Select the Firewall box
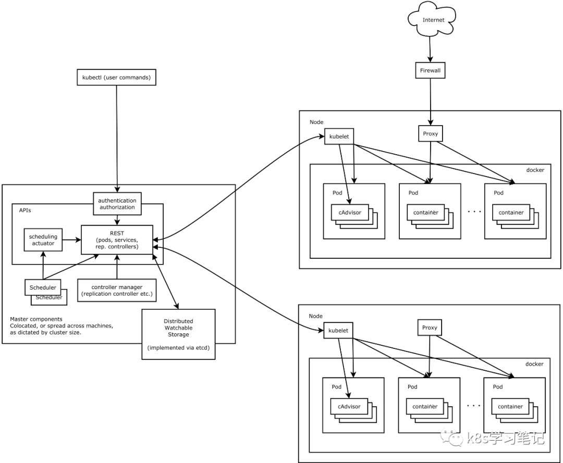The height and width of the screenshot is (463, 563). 430,70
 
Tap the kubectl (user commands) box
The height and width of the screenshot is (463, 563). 116,78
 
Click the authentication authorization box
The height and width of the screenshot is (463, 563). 117,204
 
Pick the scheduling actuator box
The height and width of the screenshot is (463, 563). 43,240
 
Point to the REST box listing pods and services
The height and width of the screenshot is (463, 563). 117,240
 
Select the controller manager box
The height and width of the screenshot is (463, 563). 117,290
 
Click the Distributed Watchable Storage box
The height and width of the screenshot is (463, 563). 178,334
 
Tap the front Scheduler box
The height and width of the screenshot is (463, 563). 43,287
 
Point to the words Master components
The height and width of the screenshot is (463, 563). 36,319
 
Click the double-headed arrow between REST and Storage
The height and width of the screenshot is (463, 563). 166,282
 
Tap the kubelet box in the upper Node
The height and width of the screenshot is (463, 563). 339,136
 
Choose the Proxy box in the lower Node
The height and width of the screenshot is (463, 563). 430,328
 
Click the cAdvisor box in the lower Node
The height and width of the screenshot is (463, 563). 349,406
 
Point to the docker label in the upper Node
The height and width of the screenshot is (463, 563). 534,170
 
